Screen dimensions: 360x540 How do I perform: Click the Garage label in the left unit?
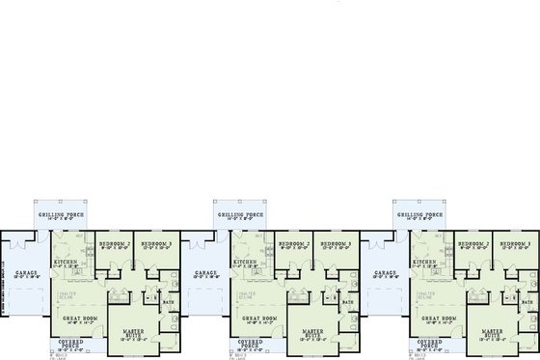click(26, 273)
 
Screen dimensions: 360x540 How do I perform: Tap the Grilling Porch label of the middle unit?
click(236, 214)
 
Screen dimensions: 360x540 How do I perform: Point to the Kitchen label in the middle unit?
click(244, 261)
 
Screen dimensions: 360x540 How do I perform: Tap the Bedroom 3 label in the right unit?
click(511, 244)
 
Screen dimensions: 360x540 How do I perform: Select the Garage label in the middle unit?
click(205, 273)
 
